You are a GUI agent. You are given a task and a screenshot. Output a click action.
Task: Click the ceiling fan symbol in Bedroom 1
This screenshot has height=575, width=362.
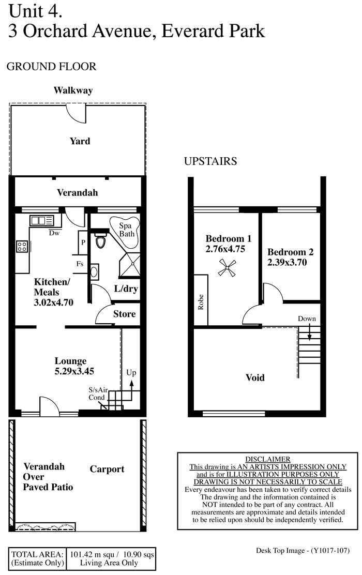(x=227, y=267)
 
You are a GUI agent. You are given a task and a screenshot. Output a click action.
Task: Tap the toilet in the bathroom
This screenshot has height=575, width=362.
(x=100, y=241)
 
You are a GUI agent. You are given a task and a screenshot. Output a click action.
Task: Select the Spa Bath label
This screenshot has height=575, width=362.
(x=127, y=230)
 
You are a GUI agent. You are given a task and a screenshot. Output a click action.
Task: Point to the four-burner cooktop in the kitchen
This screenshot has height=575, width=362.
(x=22, y=246)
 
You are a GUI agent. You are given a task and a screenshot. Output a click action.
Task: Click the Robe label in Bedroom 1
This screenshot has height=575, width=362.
(x=200, y=302)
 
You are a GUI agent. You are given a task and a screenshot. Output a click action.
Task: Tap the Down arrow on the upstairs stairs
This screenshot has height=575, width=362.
(x=309, y=333)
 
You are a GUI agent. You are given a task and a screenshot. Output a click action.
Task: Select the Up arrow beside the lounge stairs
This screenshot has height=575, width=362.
(x=131, y=389)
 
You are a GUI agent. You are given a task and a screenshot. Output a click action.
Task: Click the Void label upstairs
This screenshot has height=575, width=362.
(x=255, y=377)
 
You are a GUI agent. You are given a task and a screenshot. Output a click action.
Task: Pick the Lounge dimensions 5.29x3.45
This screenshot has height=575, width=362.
(x=74, y=371)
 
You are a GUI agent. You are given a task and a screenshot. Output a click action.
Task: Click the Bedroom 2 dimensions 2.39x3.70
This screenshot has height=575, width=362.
(x=287, y=262)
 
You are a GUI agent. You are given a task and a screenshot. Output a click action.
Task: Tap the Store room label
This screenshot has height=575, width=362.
(x=124, y=314)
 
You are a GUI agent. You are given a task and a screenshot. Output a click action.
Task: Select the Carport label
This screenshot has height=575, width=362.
(x=107, y=469)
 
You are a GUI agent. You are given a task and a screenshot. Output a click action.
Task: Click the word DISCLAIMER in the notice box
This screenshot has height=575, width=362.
(x=268, y=459)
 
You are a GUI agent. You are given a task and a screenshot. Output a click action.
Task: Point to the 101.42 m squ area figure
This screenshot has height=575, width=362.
(x=92, y=554)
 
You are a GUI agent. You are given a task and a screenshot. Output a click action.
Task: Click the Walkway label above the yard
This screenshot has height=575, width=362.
(x=73, y=90)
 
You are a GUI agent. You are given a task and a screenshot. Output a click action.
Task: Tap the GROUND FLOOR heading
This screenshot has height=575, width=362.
(x=51, y=66)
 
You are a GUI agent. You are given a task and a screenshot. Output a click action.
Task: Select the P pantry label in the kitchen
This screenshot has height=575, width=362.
(x=83, y=243)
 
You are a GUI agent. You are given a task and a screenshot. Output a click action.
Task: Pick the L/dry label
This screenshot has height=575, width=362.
(x=126, y=289)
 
